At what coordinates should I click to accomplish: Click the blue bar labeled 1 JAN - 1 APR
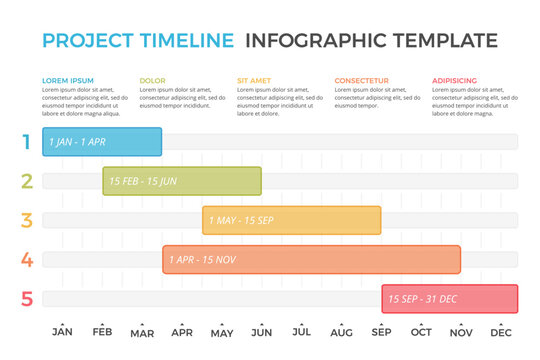pos(102,142)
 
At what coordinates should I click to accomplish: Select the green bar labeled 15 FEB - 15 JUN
pos(182,181)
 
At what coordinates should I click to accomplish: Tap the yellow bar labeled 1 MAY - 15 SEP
pos(292,220)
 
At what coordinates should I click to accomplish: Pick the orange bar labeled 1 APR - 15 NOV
pos(312,260)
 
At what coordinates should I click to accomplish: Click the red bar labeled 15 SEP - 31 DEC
pos(450,299)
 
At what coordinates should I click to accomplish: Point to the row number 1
pos(27,142)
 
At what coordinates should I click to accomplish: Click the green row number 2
pos(27,181)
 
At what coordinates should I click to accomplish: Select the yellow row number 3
pos(27,220)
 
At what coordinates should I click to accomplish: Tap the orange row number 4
pos(27,260)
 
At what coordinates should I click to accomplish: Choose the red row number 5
pos(27,299)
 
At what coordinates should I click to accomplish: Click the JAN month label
pos(62,333)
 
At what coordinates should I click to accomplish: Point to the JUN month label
pos(262,333)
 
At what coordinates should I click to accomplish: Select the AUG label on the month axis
pos(342,333)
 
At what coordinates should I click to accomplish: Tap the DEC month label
pos(502,333)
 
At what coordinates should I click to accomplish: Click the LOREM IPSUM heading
pos(68,80)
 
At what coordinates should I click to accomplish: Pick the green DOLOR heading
pos(153,80)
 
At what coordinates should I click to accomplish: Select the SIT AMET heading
pos(254,80)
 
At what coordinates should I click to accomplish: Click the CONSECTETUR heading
pos(362,80)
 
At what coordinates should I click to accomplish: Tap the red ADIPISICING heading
pos(455,80)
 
